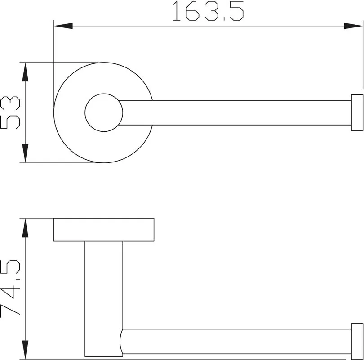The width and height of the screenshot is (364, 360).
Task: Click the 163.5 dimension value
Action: [208, 11]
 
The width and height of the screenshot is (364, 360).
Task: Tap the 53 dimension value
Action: [10, 112]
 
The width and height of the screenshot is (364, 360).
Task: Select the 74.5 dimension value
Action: [10, 288]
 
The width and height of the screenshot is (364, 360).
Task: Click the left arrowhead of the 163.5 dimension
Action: [63, 26]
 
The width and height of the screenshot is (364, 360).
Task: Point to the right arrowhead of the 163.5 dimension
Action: [353, 26]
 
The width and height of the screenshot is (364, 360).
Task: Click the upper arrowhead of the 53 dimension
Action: [25, 72]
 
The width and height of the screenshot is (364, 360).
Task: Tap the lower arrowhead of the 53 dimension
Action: [25, 153]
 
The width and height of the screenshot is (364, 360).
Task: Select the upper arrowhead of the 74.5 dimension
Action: [25, 228]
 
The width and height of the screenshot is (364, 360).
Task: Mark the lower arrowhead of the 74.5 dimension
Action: [25, 350]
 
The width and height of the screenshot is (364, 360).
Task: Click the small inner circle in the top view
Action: [104, 94]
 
